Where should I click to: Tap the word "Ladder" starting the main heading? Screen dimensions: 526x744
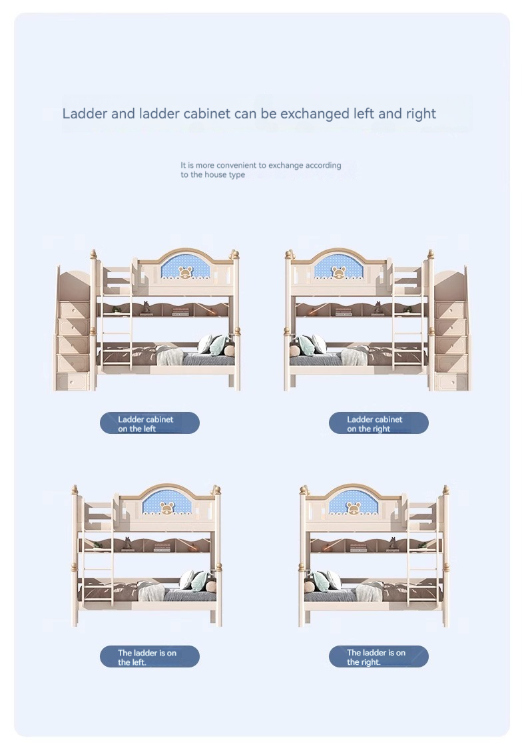point(85,114)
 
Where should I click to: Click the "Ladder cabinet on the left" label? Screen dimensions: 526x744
point(150,423)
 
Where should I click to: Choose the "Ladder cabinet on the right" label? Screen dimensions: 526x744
point(378,423)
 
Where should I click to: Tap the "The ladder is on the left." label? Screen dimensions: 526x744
point(150,657)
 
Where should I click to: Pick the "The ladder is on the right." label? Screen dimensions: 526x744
point(378,657)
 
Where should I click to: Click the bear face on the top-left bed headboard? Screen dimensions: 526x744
point(184,272)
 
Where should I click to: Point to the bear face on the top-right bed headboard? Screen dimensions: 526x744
point(338,272)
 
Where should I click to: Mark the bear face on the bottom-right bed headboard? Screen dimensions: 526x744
point(353,508)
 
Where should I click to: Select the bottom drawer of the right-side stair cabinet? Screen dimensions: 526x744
point(451,381)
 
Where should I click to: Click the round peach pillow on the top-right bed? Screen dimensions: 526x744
point(294,351)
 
